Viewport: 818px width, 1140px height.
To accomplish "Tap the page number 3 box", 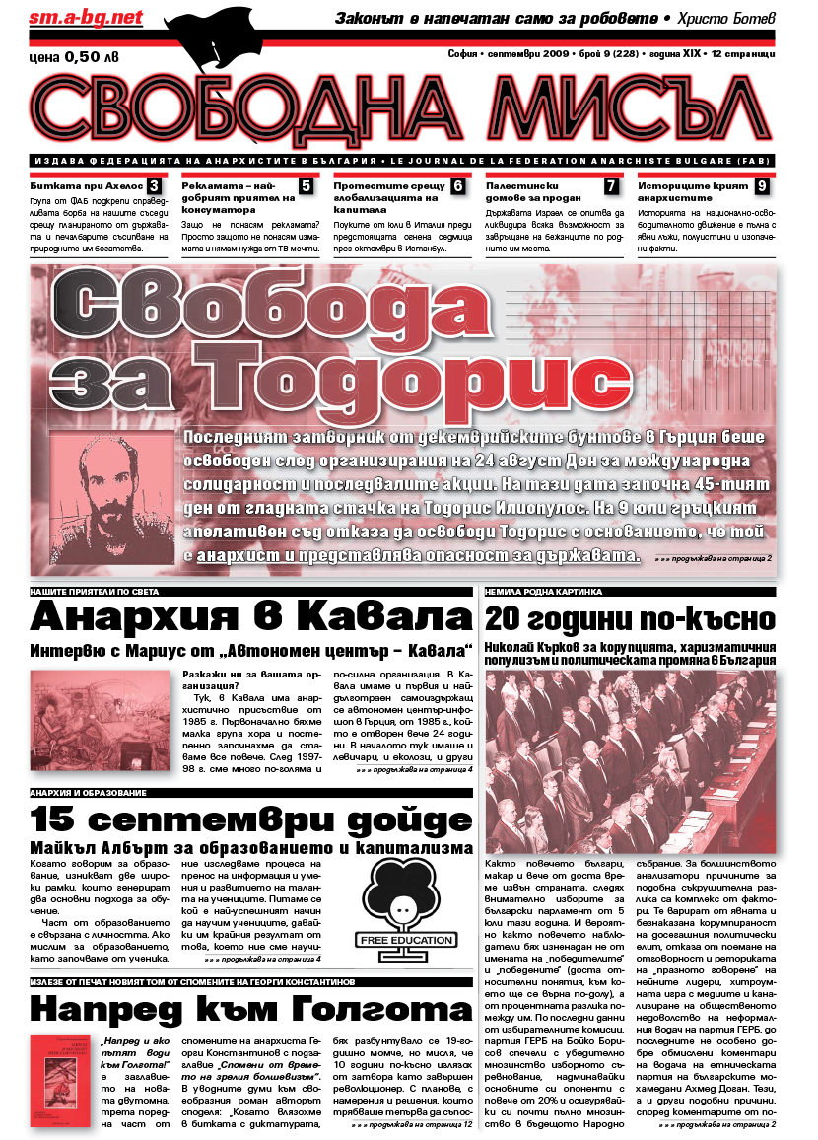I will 155,186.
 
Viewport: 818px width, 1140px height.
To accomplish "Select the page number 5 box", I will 307,186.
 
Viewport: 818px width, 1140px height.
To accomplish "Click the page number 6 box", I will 458,186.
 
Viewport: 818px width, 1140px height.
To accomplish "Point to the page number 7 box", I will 611,186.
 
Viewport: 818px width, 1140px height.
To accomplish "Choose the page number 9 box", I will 763,186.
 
